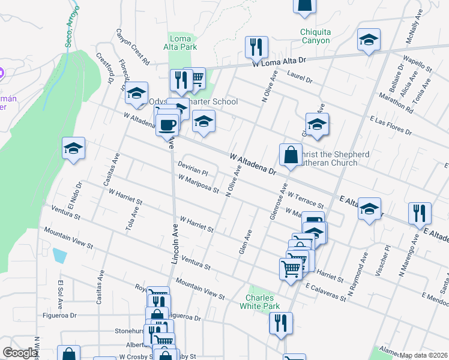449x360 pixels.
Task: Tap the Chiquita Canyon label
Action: (x=316, y=36)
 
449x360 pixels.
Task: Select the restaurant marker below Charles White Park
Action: (x=280, y=323)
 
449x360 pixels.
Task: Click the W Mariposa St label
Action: (x=199, y=184)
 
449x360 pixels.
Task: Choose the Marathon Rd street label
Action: (x=396, y=103)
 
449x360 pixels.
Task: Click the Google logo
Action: (x=20, y=353)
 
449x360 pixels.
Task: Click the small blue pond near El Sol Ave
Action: (x=59, y=255)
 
